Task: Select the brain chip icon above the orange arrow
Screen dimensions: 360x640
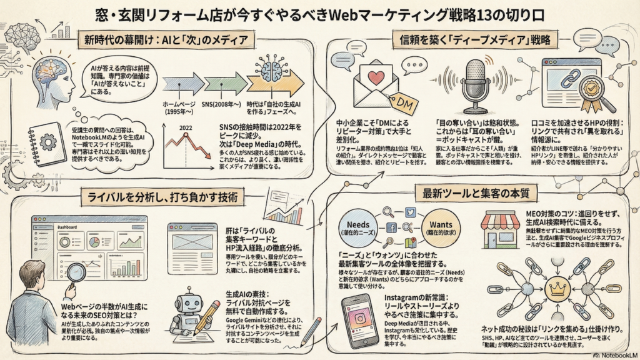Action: [273, 66]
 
